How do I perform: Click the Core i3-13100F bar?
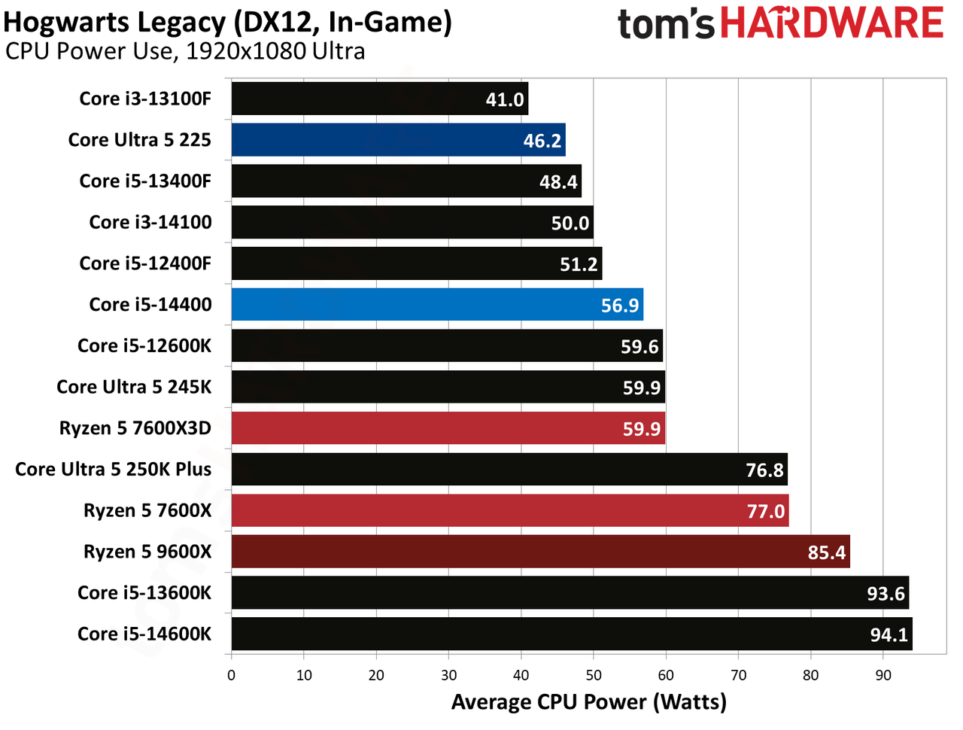[x=379, y=99]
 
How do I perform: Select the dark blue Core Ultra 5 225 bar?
[x=398, y=139]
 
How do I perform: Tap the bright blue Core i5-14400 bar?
[x=437, y=305]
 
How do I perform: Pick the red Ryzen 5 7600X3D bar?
[x=448, y=427]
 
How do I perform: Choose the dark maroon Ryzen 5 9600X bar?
[x=540, y=552]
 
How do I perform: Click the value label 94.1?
[x=889, y=634]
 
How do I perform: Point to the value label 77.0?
[x=765, y=511]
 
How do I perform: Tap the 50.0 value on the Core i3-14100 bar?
[x=570, y=224]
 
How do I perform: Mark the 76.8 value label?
[x=764, y=470]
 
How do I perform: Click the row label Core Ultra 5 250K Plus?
[x=113, y=469]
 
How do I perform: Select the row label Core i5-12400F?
[x=145, y=263]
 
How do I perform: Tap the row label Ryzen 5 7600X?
[x=147, y=510]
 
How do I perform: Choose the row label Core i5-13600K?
[x=144, y=593]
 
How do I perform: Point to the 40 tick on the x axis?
[x=521, y=675]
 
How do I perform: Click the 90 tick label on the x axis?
[x=882, y=675]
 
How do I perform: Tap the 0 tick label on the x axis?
[x=231, y=675]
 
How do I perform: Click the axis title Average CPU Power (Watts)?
[x=589, y=702]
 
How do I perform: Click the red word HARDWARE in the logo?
[x=832, y=22]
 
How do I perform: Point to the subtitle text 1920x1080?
[x=246, y=51]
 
